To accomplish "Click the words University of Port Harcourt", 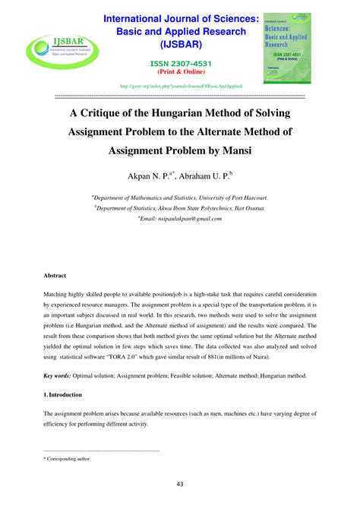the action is (x=230, y=196).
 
